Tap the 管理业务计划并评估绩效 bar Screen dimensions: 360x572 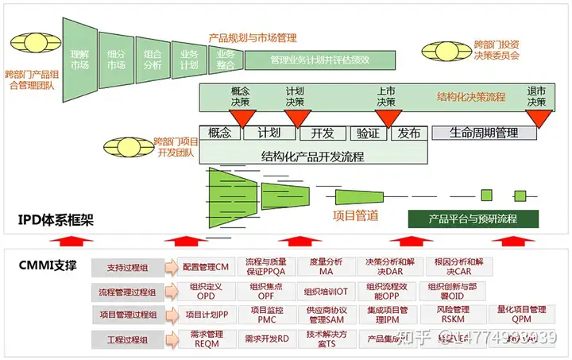320,59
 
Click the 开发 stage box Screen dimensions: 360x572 323,133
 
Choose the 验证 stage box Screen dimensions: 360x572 368,133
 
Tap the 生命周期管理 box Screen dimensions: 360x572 484,133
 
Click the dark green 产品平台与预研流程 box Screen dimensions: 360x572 473,218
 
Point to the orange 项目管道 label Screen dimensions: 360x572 355,215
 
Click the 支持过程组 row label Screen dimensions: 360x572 127,268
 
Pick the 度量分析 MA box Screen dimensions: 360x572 326,266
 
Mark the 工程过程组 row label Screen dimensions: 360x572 127,339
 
